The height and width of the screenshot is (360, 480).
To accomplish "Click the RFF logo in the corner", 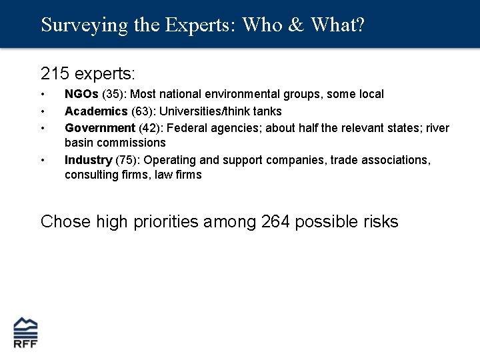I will pos(26,332).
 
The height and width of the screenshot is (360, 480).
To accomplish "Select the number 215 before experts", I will pos(55,72).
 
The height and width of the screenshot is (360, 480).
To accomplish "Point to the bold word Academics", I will pos(96,111).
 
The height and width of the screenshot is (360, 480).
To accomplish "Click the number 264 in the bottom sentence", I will pos(275,221).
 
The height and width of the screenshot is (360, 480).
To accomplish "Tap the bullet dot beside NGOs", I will pos(43,95).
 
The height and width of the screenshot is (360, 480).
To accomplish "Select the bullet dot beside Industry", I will pos(43,161).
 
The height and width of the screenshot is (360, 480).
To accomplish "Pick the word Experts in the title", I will pos(197,25).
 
